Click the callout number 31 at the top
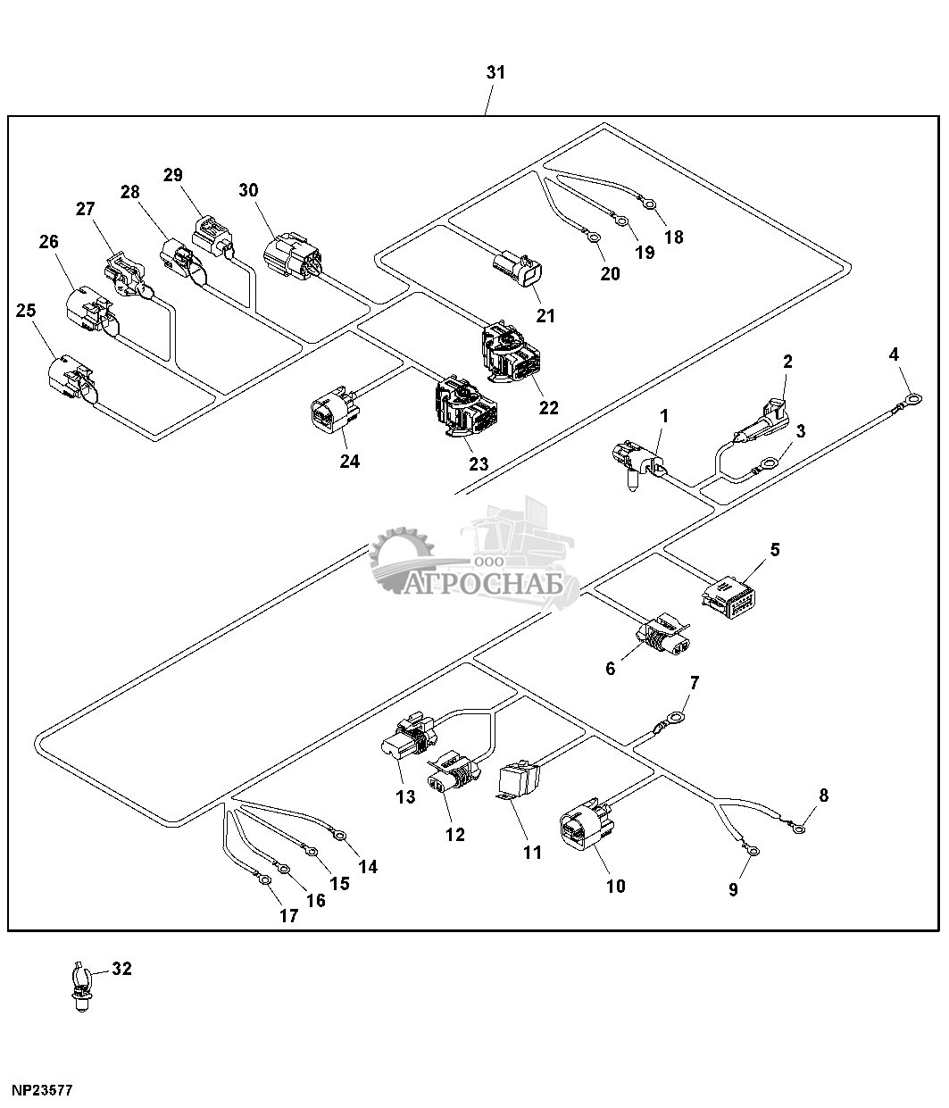pos(495,72)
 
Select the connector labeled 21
pos(517,269)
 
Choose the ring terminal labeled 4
pos(911,390)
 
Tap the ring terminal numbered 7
pos(676,717)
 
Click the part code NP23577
pos(41,1090)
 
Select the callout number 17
pos(287,915)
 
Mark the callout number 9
pos(733,889)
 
